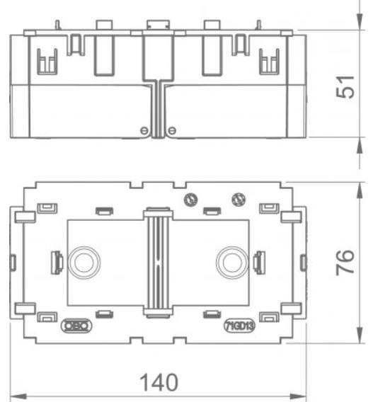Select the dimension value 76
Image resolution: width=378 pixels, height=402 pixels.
pos(347,263)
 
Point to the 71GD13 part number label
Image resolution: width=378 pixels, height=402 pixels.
pos(239,326)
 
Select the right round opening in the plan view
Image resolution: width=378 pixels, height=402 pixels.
pos(231,263)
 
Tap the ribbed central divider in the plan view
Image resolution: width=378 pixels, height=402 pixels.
pos(157,262)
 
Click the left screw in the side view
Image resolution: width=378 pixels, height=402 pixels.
pos(144,130)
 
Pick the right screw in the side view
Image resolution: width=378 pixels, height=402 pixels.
pos(171,130)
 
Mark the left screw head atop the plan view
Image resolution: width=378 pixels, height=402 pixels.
pos(189,200)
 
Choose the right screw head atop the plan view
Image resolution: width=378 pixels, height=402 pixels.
pos(239,200)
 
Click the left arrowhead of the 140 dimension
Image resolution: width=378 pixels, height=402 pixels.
pos(17,394)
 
